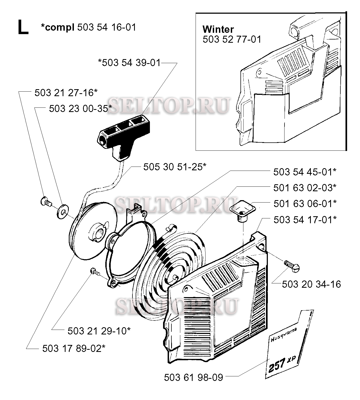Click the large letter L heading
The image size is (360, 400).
point(23,27)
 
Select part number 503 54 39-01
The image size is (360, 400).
point(131,63)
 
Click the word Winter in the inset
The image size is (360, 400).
point(218,29)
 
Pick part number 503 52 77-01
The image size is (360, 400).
point(232,39)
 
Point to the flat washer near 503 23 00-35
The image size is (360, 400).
point(62,212)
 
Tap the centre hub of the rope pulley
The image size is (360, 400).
point(97,232)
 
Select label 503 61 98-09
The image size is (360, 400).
point(193,377)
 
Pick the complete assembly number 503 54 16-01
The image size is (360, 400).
point(106,27)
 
